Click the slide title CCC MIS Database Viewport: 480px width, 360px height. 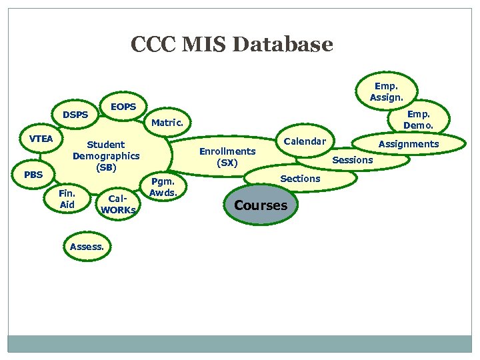[231, 45]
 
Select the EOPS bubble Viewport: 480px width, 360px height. [123, 107]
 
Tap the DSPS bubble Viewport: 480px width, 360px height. [75, 115]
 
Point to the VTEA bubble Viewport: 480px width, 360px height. [41, 139]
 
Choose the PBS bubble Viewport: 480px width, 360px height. [33, 175]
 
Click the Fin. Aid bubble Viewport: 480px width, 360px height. [67, 199]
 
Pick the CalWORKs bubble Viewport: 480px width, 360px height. [117, 204]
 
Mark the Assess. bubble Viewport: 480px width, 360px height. [87, 247]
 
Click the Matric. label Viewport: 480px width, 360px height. [167, 123]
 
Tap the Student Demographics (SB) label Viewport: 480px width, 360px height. [106, 155]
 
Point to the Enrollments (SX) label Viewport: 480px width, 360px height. [227, 157]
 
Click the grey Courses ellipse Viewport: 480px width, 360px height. [261, 205]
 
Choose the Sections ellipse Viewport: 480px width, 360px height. [300, 178]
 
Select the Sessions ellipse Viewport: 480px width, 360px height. [353, 160]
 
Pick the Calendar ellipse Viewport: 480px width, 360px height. [305, 141]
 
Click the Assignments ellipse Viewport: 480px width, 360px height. [409, 144]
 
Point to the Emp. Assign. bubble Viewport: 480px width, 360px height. [387, 92]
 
